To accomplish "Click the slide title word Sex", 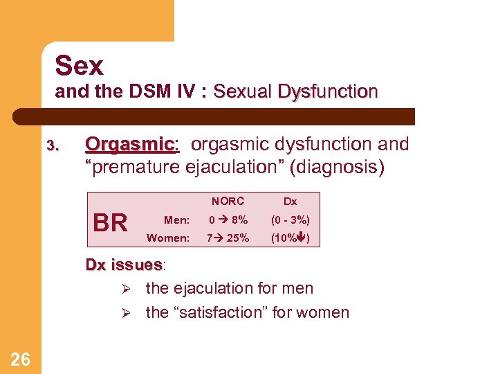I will click(x=79, y=66).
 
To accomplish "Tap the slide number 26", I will click(x=21, y=358).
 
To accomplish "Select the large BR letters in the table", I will click(x=110, y=223).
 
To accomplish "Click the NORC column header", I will click(x=228, y=202).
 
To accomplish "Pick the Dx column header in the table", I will click(x=290, y=202).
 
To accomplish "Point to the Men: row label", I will click(x=176, y=220).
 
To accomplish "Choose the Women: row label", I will click(x=168, y=238).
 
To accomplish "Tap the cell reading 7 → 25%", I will click(x=228, y=238).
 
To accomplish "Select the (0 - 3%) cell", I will click(x=290, y=220).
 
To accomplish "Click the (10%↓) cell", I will click(x=290, y=238).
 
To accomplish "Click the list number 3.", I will click(x=53, y=146).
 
